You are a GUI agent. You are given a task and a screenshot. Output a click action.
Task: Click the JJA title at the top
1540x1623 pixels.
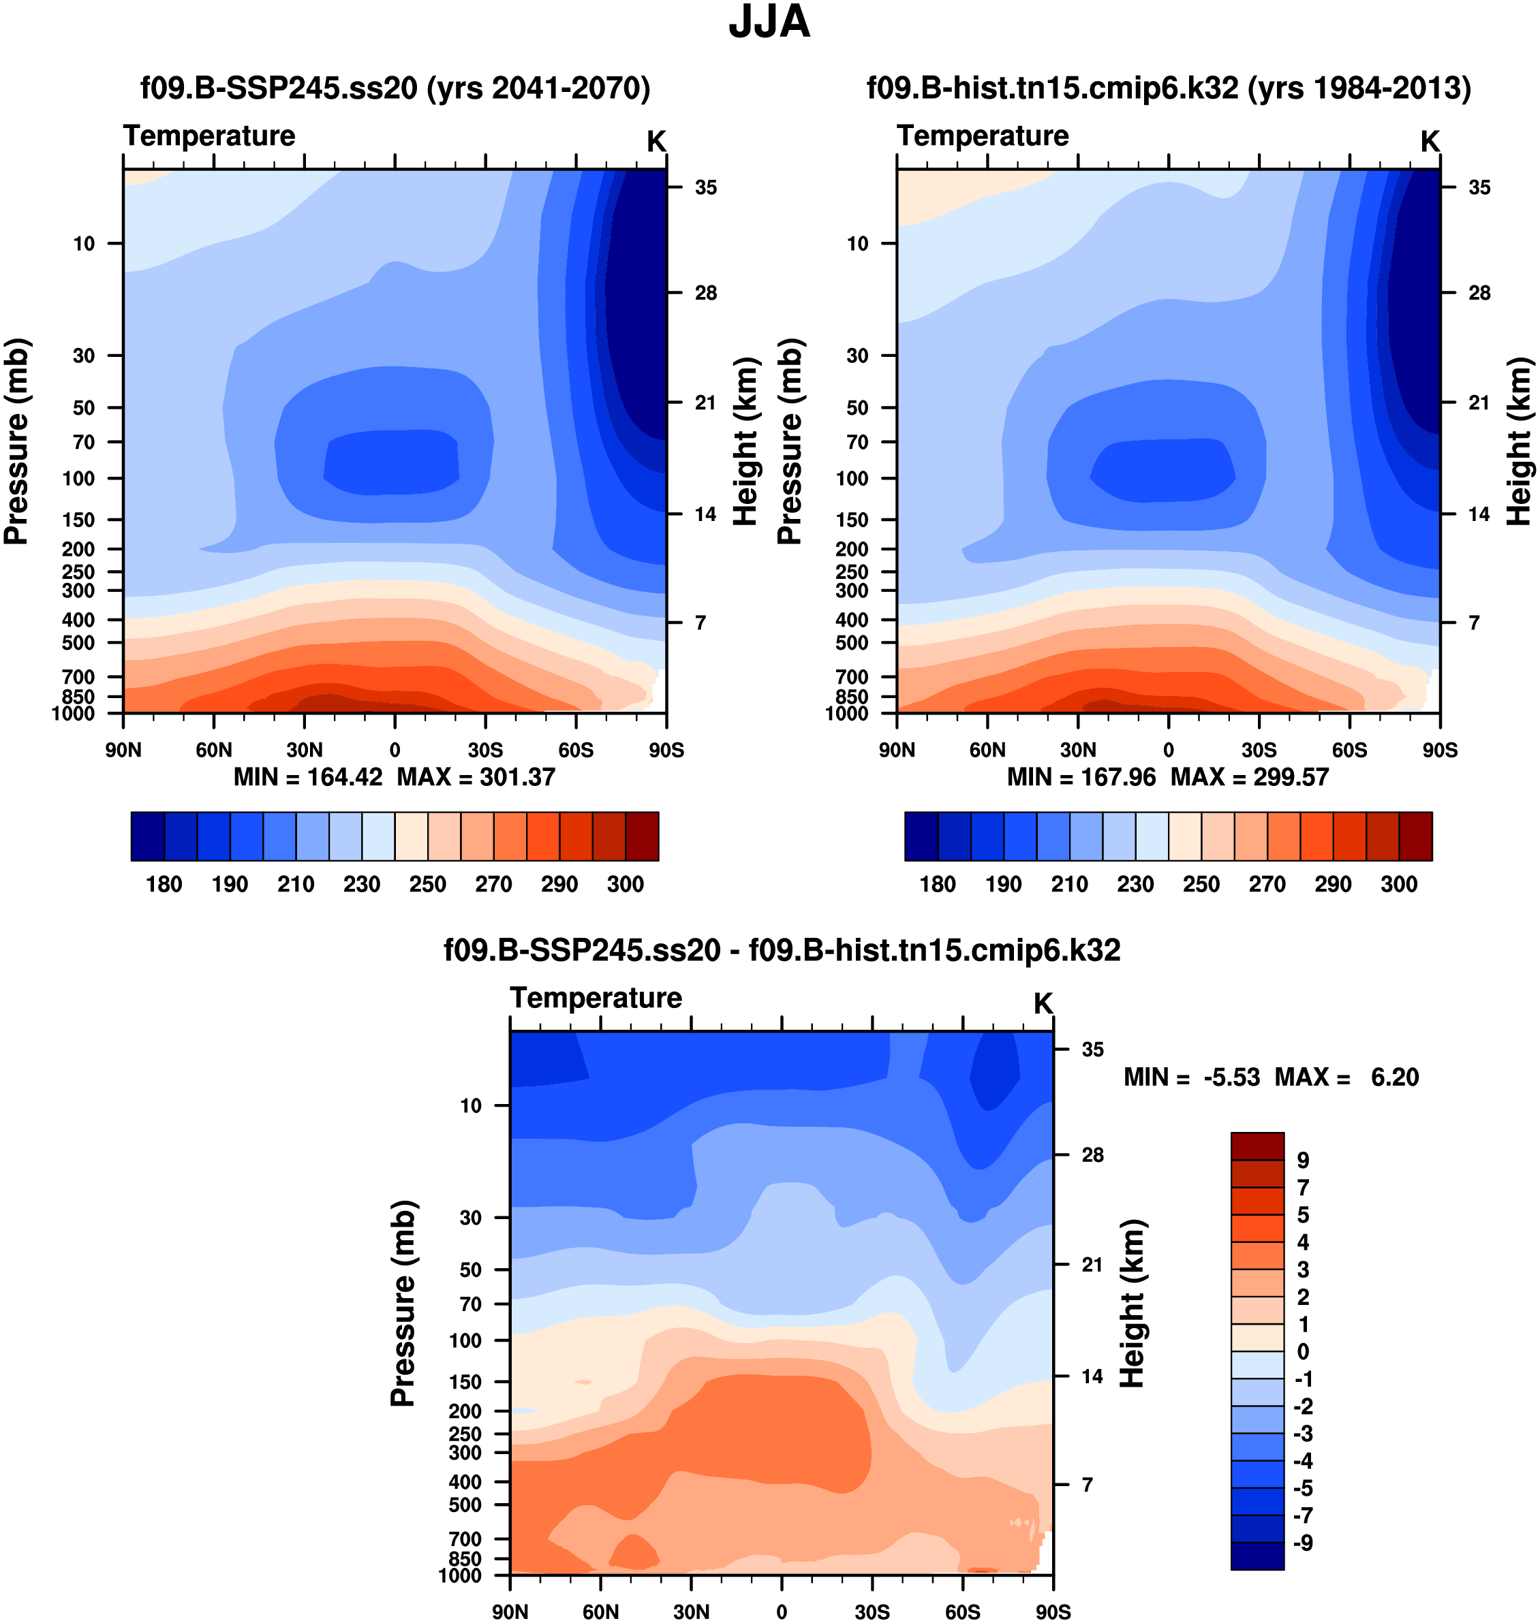769,22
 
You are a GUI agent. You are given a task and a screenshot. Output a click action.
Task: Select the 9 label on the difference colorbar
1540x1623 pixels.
1303,1161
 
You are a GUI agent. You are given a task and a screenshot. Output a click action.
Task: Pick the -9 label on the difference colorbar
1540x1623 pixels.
1303,1543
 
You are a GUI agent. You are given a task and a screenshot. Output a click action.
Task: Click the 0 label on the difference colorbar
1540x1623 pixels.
1303,1351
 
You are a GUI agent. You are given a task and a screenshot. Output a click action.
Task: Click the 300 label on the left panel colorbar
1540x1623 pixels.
626,885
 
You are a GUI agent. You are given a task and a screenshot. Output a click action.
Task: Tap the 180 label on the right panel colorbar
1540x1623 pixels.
938,885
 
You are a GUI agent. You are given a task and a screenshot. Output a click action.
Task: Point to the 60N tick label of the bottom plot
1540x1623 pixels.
601,1611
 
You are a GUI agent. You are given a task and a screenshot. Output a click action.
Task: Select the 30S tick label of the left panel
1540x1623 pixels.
485,750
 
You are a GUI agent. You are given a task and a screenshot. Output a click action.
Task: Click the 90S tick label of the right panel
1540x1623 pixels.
1440,750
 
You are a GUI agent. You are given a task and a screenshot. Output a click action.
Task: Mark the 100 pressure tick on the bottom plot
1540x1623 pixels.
465,1341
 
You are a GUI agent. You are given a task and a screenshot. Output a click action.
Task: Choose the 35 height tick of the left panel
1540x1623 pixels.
706,188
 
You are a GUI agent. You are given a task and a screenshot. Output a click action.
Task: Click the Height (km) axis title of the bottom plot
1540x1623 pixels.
1133,1304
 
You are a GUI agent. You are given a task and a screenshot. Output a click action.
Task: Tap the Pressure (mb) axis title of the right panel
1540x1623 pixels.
790,441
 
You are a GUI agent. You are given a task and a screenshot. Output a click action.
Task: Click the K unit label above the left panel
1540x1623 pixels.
656,142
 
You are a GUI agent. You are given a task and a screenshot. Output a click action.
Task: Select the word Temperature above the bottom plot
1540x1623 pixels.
596,998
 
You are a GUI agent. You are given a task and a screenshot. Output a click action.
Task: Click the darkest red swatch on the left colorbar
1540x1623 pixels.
642,836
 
